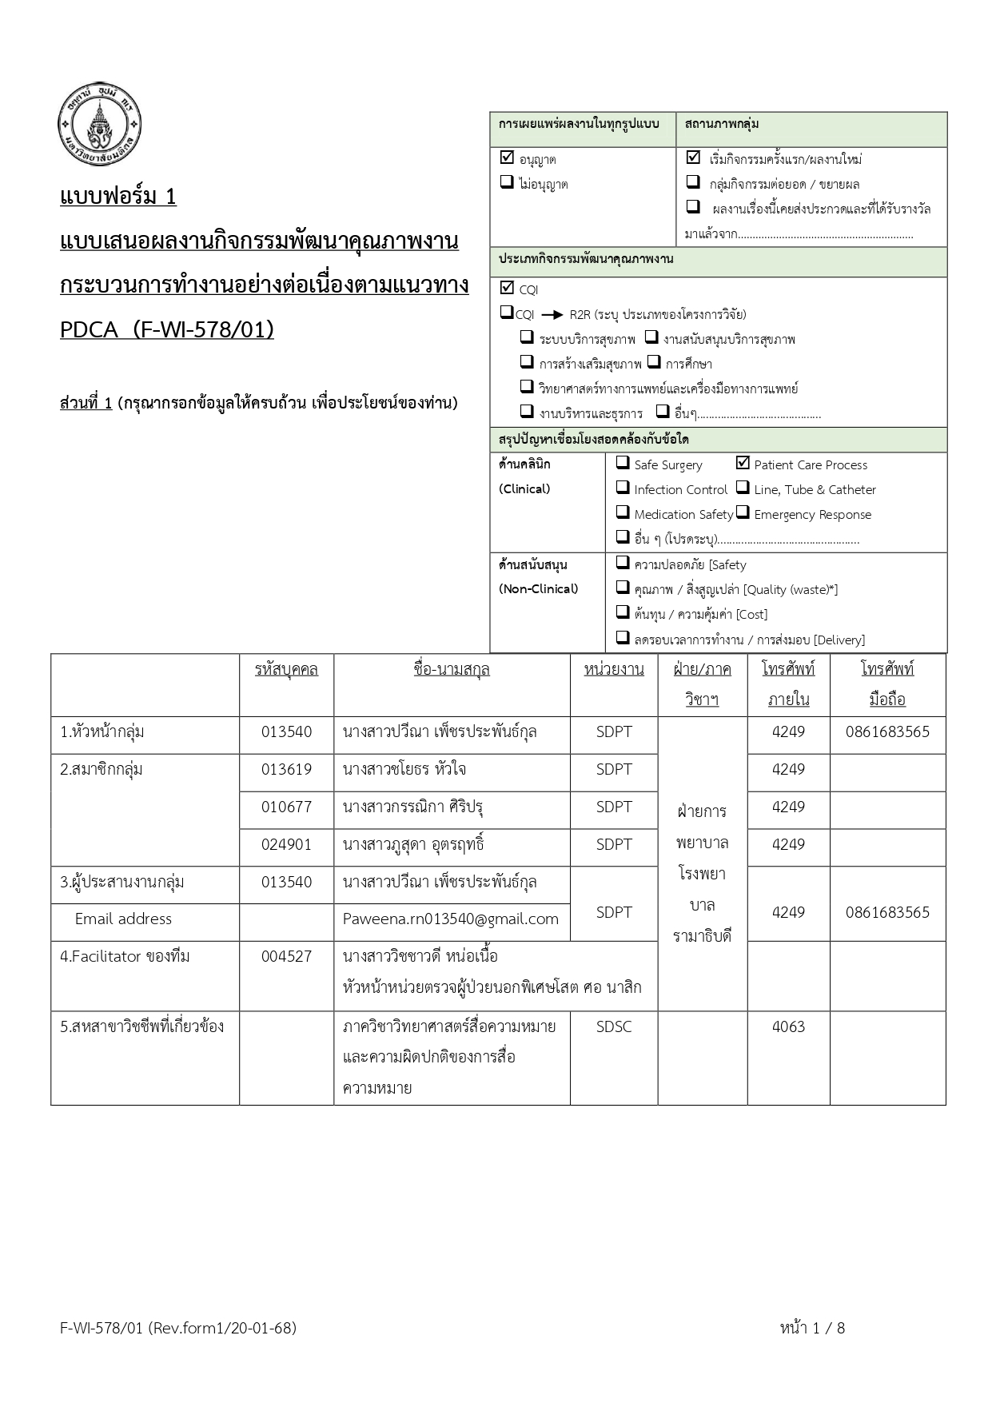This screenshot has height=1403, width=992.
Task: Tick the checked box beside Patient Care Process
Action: pyautogui.click(x=743, y=463)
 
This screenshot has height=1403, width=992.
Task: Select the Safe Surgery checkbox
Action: pyautogui.click(x=623, y=463)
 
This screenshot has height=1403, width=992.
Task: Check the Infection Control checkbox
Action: pyautogui.click(x=623, y=488)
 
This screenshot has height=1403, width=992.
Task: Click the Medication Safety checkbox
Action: pyautogui.click(x=623, y=512)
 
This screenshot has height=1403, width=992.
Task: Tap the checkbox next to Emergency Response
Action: pyautogui.click(x=743, y=512)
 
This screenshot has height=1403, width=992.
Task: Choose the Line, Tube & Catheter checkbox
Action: pyautogui.click(x=743, y=488)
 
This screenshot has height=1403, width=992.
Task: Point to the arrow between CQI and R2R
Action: pyautogui.click(x=552, y=314)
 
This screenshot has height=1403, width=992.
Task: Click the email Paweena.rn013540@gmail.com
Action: pyautogui.click(x=450, y=919)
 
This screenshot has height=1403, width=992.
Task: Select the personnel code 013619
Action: pyautogui.click(x=286, y=770)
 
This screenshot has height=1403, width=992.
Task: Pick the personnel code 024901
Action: pyautogui.click(x=286, y=845)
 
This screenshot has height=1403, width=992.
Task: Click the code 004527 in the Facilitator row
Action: pyautogui.click(x=286, y=957)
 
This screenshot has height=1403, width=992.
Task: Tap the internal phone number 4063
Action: pyautogui.click(x=788, y=1027)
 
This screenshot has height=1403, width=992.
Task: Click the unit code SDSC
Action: pyautogui.click(x=613, y=1027)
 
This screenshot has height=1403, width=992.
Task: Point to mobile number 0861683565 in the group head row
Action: pyautogui.click(x=887, y=732)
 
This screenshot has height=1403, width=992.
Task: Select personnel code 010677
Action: pyautogui.click(x=286, y=807)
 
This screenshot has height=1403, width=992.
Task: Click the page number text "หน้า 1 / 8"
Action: pyautogui.click(x=812, y=1329)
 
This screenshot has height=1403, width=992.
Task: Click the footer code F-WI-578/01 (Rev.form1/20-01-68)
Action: pyautogui.click(x=178, y=1329)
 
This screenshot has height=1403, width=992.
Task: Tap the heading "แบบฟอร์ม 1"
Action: pyautogui.click(x=118, y=197)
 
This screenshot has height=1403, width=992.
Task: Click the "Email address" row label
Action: pyautogui.click(x=123, y=919)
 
